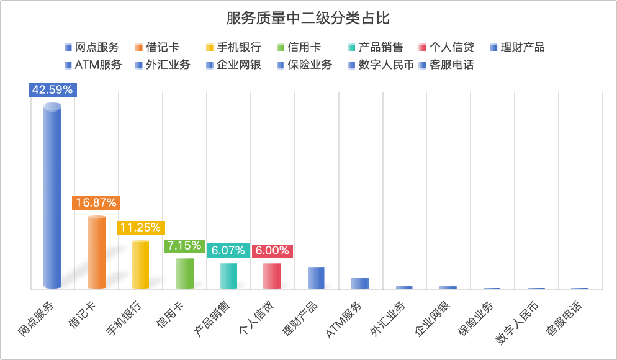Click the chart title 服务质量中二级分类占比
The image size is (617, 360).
pyautogui.click(x=308, y=18)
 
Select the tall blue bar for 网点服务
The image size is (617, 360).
pyautogui.click(x=52, y=196)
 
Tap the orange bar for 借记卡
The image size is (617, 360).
pyautogui.click(x=96, y=252)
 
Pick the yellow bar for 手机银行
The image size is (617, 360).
pyautogui.click(x=140, y=264)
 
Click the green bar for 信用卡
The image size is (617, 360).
pyautogui.click(x=185, y=274)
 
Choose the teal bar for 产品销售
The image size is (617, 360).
pyautogui.click(x=228, y=276)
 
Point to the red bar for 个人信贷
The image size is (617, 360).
pyautogui.click(x=272, y=276)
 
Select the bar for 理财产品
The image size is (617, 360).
pyautogui.click(x=317, y=278)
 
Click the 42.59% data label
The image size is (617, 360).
pyautogui.click(x=52, y=90)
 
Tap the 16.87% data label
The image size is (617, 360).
pyautogui.click(x=96, y=203)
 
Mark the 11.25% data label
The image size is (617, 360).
pyautogui.click(x=140, y=228)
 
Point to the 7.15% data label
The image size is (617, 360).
pyautogui.click(x=184, y=246)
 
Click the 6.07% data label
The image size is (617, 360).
pyautogui.click(x=228, y=251)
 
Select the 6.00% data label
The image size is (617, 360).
pyautogui.click(x=272, y=251)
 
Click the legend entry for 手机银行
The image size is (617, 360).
pyautogui.click(x=233, y=47)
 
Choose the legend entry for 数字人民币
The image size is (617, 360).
pyautogui.click(x=381, y=65)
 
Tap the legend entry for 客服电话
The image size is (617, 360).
pyautogui.click(x=446, y=65)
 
